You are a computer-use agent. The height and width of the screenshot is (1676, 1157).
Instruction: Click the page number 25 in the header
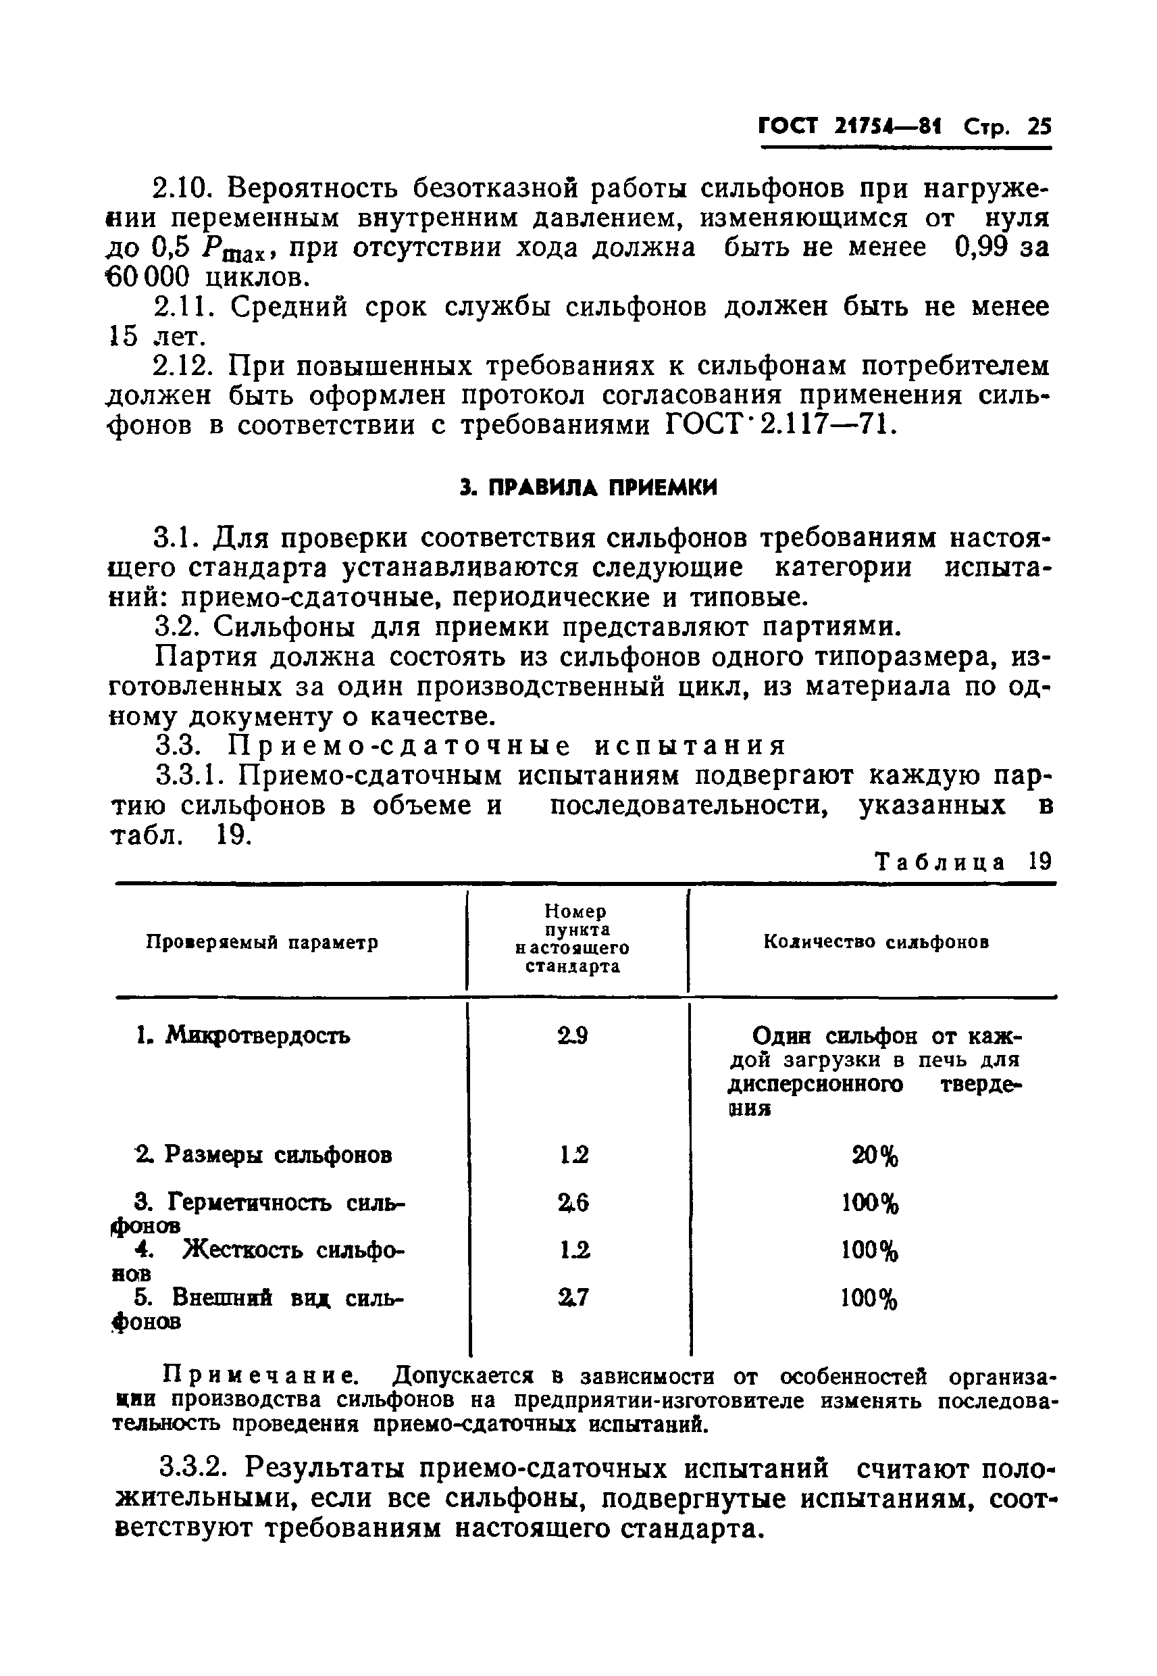(x=1039, y=128)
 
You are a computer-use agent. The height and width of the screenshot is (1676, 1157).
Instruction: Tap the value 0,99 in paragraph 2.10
(x=981, y=248)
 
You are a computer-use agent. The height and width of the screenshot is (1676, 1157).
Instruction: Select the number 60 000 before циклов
(x=148, y=277)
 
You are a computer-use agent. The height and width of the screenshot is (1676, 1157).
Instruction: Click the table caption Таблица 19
(x=962, y=862)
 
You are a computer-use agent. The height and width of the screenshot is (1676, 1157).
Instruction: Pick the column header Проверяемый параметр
(x=263, y=943)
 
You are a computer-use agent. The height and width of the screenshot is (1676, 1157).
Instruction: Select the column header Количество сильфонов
(x=877, y=942)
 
